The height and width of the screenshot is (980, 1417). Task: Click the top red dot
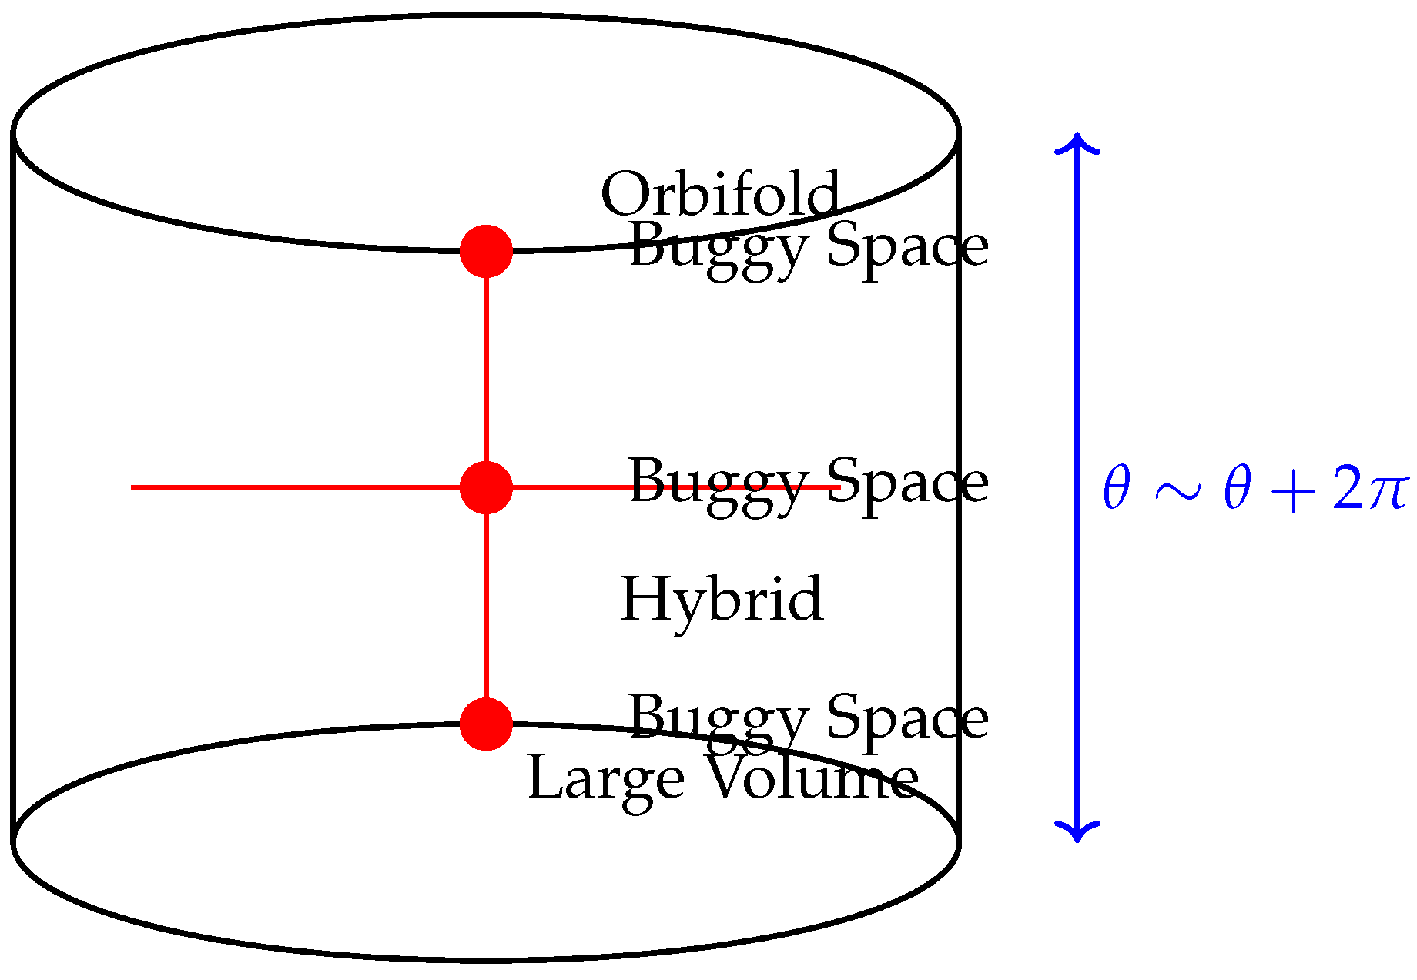coord(486,251)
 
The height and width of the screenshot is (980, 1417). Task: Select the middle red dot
coord(486,487)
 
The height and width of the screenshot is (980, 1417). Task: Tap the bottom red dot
coord(486,724)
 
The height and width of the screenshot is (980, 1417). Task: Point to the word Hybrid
coord(722,598)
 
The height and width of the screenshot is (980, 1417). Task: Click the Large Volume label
coord(722,779)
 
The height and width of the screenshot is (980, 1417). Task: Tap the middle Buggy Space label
coord(809,483)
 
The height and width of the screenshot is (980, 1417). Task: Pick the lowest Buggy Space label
coord(809,719)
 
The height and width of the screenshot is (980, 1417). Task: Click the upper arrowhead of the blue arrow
coord(1077,142)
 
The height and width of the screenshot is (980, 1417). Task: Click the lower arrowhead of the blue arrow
coord(1077,831)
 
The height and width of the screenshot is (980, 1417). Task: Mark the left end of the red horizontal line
coord(134,487)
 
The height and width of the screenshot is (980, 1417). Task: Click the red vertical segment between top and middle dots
coord(486,370)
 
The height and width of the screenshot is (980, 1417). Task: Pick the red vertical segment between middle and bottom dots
coord(486,606)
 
